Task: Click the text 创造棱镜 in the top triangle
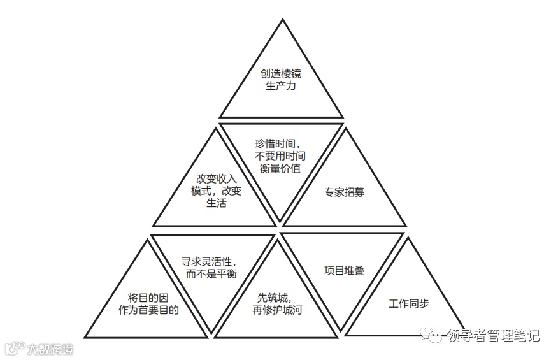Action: click(281, 74)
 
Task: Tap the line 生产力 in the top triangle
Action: click(281, 86)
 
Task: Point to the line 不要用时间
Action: click(281, 157)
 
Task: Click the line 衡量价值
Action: click(281, 169)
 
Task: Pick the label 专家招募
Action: click(345, 192)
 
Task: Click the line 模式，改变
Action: click(216, 192)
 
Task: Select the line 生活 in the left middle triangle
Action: click(216, 204)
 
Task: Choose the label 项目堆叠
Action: click(345, 270)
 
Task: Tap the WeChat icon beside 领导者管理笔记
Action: click(435, 336)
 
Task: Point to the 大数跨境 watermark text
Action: click(50, 349)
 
